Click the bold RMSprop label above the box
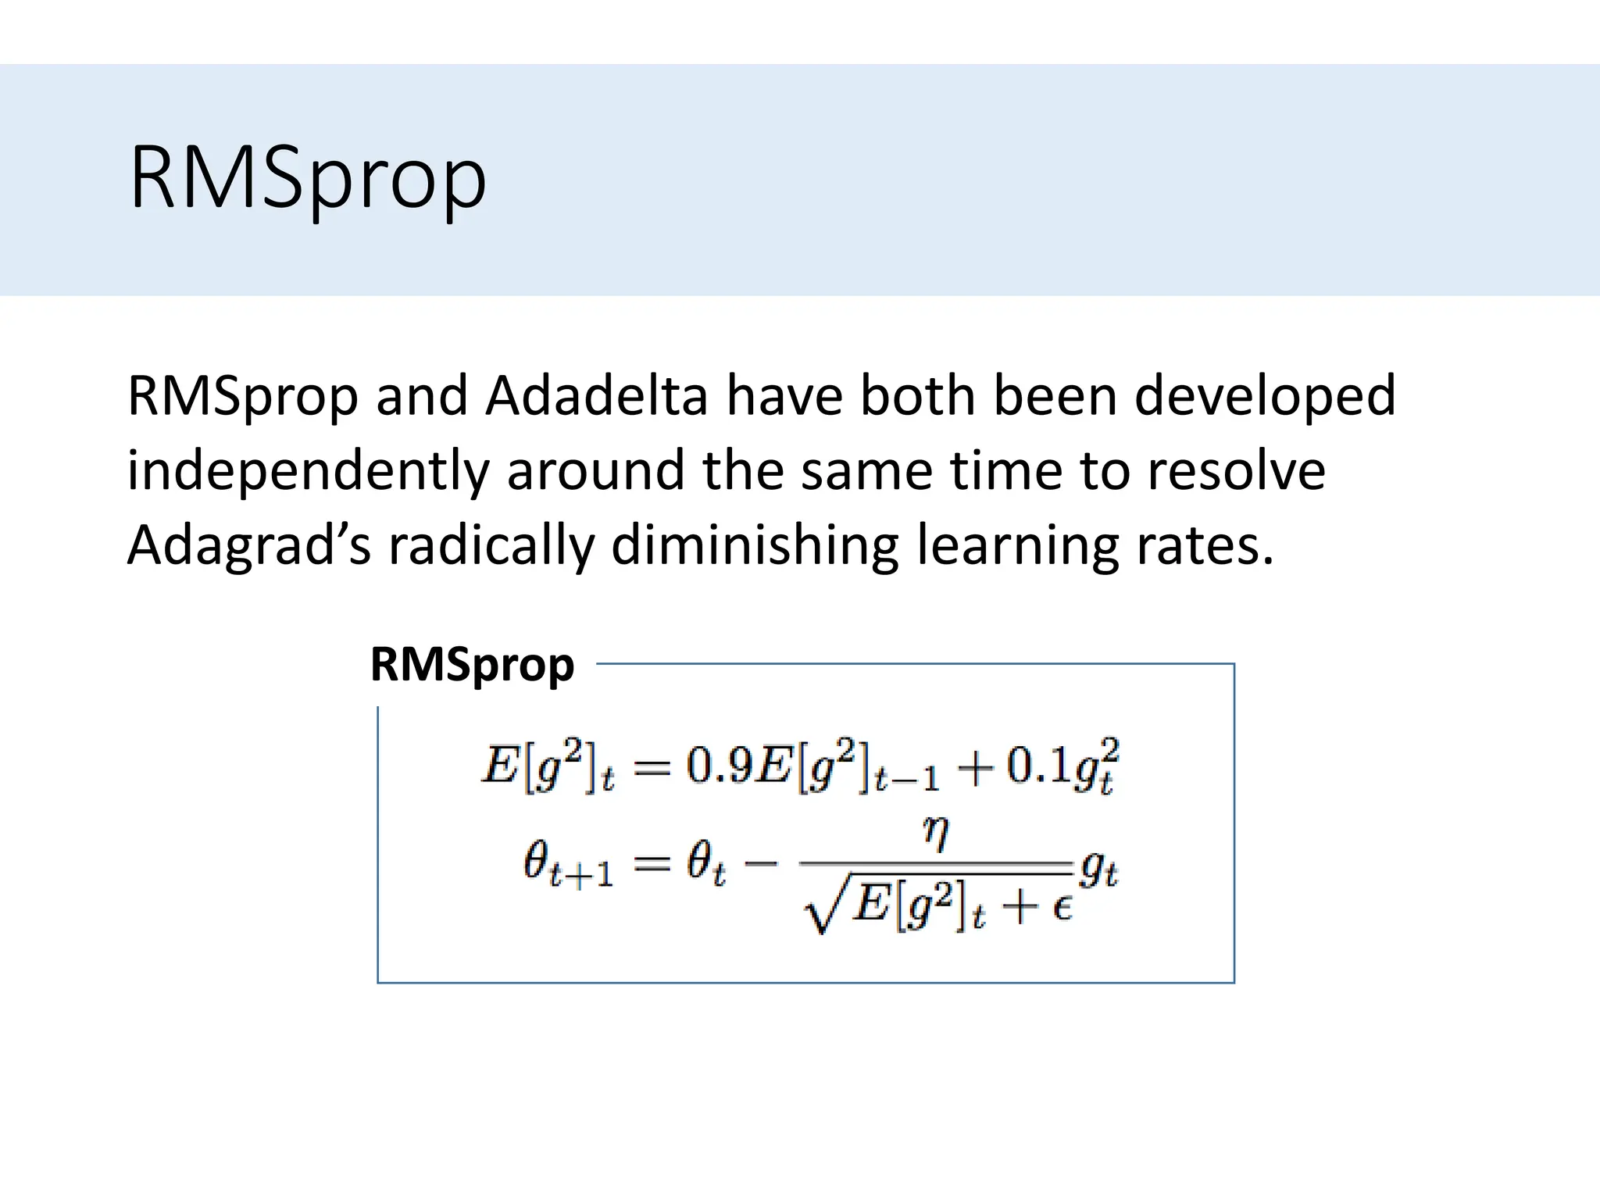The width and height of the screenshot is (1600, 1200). tap(472, 666)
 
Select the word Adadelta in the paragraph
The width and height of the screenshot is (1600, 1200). tap(596, 395)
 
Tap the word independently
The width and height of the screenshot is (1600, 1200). tap(307, 471)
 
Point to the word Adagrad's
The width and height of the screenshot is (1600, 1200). tap(248, 545)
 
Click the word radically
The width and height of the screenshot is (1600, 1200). tap(491, 545)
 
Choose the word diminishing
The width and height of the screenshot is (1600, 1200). tap(754, 545)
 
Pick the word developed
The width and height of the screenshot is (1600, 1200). tap(1264, 395)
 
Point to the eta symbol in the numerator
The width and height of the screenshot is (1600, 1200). tap(936, 834)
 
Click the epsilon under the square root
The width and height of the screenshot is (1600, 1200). tap(1061, 909)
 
